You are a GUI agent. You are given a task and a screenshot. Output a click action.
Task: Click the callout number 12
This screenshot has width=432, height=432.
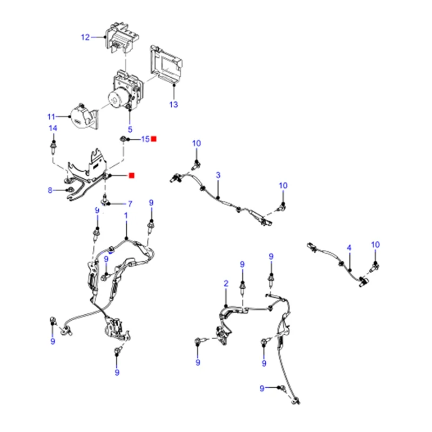pyautogui.click(x=85, y=37)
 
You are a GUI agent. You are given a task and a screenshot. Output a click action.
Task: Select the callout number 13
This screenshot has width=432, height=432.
pyautogui.click(x=173, y=104)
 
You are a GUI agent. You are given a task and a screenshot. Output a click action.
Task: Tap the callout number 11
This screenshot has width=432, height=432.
pyautogui.click(x=51, y=117)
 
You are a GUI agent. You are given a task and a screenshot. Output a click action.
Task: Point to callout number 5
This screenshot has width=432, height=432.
pyautogui.click(x=130, y=129)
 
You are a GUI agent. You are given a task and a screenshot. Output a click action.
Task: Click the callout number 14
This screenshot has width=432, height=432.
pyautogui.click(x=53, y=128)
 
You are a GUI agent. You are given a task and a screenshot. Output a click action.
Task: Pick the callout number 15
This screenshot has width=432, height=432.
pyautogui.click(x=145, y=139)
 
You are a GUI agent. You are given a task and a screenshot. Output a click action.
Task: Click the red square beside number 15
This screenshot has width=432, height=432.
pyautogui.click(x=154, y=139)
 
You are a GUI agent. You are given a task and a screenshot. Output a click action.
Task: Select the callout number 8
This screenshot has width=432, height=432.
pyautogui.click(x=50, y=190)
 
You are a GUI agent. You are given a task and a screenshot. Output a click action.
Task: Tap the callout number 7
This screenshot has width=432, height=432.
pyautogui.click(x=130, y=204)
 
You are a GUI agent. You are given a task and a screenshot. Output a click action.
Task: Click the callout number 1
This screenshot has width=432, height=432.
pyautogui.click(x=126, y=215)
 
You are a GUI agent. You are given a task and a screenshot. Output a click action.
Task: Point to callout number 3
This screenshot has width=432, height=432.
pyautogui.click(x=218, y=175)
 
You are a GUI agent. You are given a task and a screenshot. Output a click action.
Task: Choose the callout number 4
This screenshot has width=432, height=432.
pyautogui.click(x=349, y=248)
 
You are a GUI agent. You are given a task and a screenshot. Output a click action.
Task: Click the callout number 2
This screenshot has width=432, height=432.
pyautogui.click(x=226, y=283)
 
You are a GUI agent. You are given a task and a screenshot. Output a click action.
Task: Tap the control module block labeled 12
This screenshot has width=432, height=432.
pyautogui.click(x=123, y=35)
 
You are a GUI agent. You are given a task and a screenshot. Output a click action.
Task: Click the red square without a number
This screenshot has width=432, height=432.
pyautogui.click(x=131, y=175)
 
